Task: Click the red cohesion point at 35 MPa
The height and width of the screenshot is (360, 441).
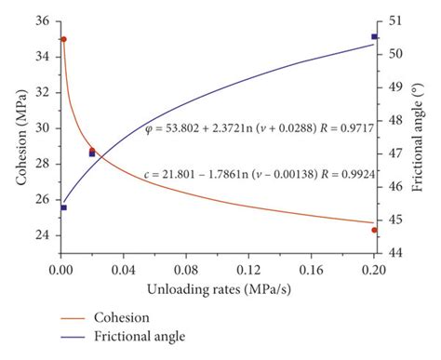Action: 63,39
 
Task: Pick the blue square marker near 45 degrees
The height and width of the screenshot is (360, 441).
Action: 63,207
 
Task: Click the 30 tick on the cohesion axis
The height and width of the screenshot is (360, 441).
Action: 43,128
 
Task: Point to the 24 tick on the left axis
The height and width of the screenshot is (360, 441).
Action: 43,234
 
